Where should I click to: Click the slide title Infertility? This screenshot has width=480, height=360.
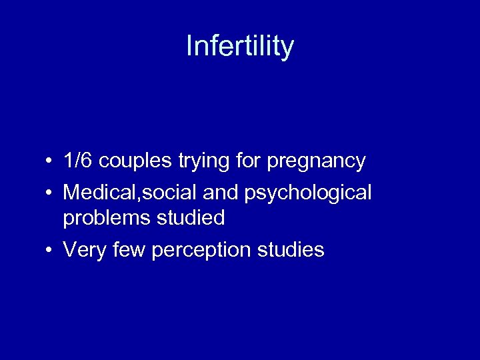click(x=240, y=47)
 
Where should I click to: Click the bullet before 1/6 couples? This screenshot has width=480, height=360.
click(x=50, y=161)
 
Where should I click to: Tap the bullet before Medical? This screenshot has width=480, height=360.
click(x=50, y=193)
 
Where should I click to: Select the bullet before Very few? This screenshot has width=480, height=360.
click(x=50, y=251)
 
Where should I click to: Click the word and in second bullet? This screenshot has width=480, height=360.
click(x=223, y=193)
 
